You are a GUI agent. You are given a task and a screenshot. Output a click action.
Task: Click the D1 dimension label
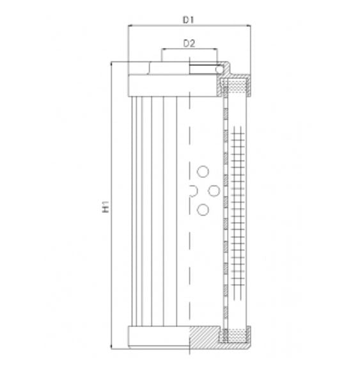(x=188, y=20)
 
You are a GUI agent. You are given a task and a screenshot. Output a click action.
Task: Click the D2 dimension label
(x=189, y=44)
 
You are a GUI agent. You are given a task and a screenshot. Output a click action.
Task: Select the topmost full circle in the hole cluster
(x=203, y=171)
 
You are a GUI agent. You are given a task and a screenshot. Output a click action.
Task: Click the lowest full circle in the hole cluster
(x=203, y=209)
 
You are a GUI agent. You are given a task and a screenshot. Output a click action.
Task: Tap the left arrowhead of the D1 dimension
(x=131, y=26)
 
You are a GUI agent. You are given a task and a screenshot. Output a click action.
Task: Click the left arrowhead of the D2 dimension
(x=162, y=50)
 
